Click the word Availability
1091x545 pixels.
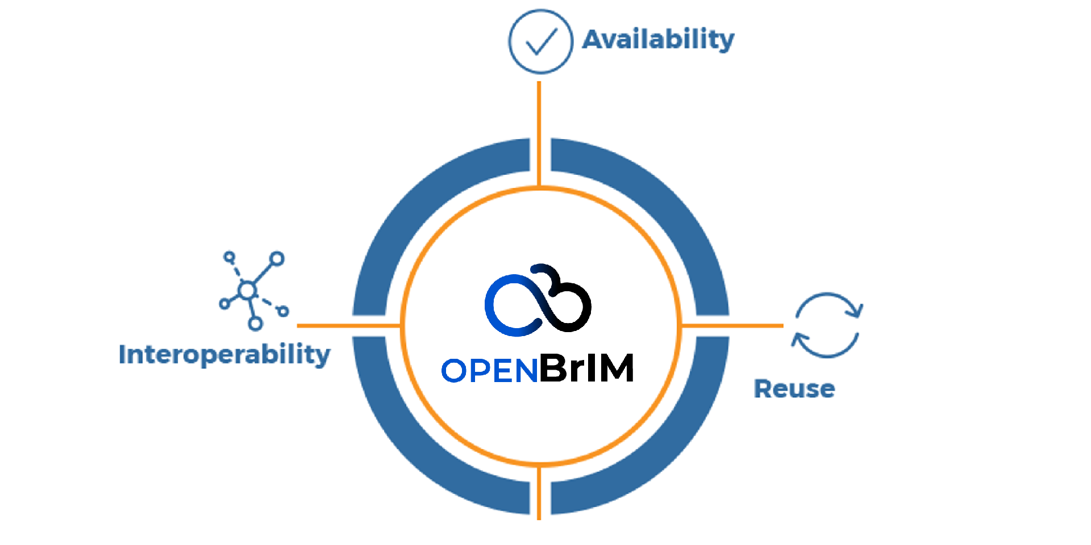pyautogui.click(x=658, y=40)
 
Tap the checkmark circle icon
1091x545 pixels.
pyautogui.click(x=540, y=41)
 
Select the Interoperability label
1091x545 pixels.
pyautogui.click(x=224, y=355)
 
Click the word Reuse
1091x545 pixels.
pyautogui.click(x=794, y=389)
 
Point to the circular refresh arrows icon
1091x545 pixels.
pyautogui.click(x=827, y=325)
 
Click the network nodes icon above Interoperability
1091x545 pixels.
pyautogui.click(x=253, y=290)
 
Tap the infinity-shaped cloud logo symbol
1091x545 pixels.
pyautogui.click(x=538, y=300)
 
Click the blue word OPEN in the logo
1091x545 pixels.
pyautogui.click(x=489, y=371)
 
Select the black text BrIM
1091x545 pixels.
pyautogui.click(x=586, y=368)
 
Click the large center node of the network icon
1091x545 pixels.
pyautogui.click(x=247, y=290)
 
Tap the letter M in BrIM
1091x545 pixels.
pyautogui.click(x=616, y=368)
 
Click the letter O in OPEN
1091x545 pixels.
pyautogui.click(x=454, y=371)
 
